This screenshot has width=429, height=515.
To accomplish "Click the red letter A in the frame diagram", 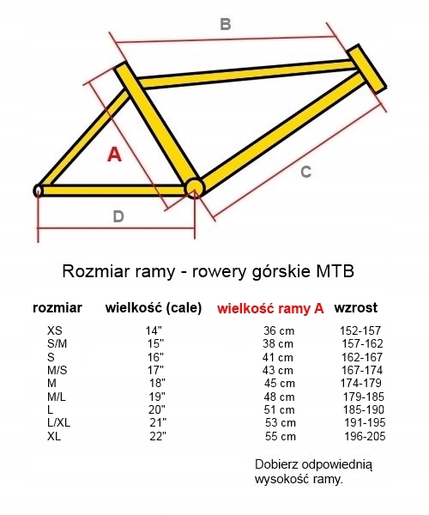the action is tap(115, 154).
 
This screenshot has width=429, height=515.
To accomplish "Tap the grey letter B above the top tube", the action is tap(226, 24).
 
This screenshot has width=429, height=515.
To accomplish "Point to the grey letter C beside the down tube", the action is tap(306, 172).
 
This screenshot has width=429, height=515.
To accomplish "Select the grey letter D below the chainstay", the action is tap(118, 216).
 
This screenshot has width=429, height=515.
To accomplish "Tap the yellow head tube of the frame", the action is tap(366, 69).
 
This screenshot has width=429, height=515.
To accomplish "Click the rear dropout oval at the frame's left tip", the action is tap(38, 191).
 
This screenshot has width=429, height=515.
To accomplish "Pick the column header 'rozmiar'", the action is tap(57, 308).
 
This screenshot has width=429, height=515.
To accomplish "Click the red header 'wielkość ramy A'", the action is tap(270, 308).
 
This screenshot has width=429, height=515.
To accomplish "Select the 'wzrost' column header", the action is tap(356, 308).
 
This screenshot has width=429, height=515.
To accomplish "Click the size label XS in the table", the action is tap(55, 330).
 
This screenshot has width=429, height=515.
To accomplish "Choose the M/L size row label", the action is tap(57, 397).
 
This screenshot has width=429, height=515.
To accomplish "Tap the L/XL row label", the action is tap(58, 422).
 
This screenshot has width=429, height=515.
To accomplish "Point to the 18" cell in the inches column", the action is tap(158, 384).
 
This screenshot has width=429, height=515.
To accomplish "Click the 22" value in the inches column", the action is tap(158, 436).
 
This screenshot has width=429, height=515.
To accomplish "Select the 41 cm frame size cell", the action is tap(278, 357).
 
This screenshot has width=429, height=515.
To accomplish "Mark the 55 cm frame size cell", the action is tap(281, 436).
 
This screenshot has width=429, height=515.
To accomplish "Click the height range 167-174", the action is tap(362, 370).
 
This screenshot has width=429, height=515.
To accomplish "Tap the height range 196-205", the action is tap(365, 436).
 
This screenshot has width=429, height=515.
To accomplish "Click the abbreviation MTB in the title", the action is tap(335, 271).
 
